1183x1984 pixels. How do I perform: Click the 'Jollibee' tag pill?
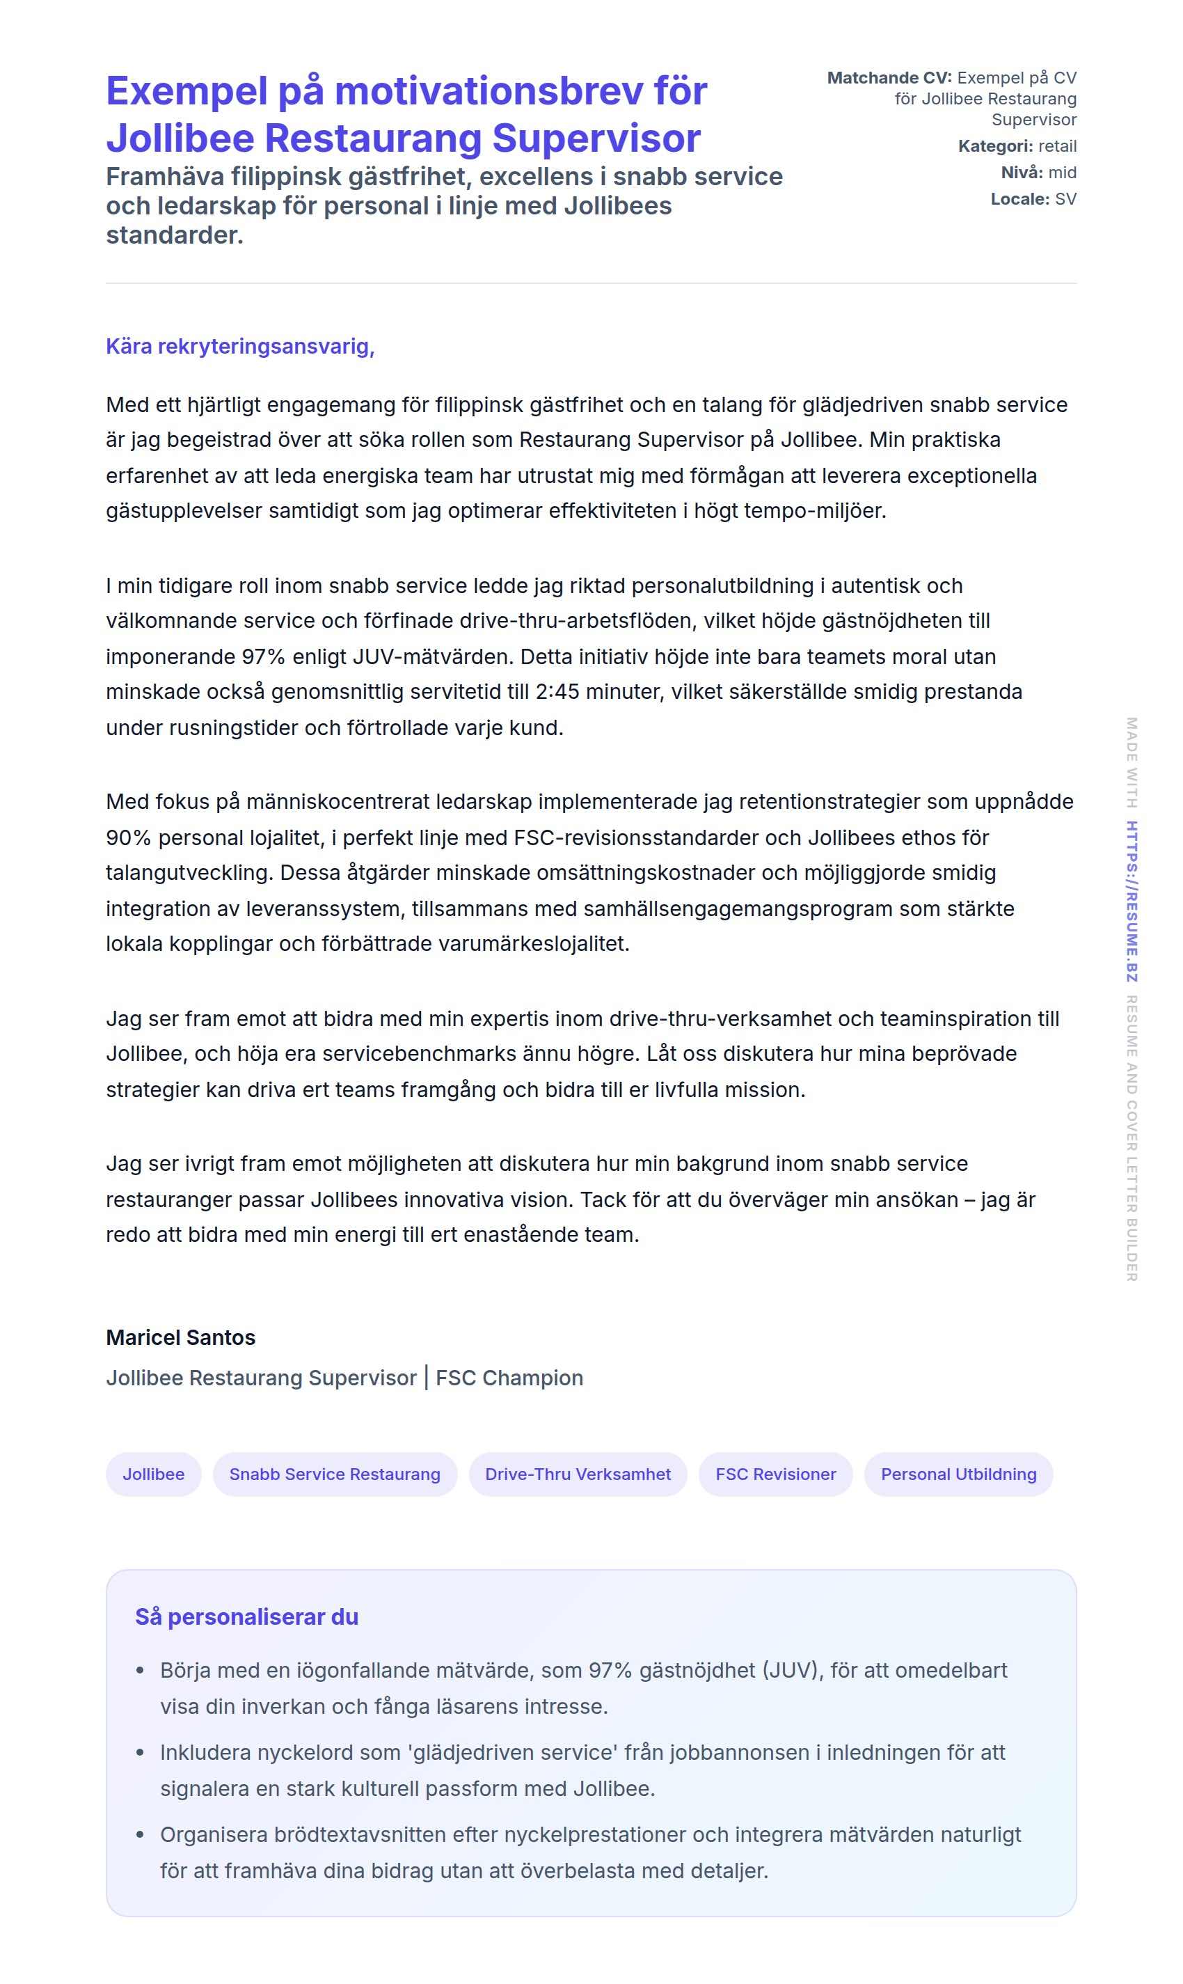(x=153, y=1474)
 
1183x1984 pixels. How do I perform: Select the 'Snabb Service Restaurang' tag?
(x=335, y=1474)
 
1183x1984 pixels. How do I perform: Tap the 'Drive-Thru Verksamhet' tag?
(x=578, y=1474)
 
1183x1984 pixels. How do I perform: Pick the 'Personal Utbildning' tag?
(x=958, y=1474)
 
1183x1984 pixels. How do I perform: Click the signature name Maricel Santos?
(x=181, y=1337)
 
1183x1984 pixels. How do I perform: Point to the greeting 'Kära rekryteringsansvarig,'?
(x=240, y=346)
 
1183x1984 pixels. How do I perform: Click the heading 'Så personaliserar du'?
(x=247, y=1616)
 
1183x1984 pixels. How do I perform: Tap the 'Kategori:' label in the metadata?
(x=995, y=146)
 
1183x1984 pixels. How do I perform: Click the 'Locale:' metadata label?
(x=1019, y=198)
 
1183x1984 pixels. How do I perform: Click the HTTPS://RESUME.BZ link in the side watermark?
(x=1132, y=901)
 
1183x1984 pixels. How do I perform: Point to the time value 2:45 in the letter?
(x=557, y=691)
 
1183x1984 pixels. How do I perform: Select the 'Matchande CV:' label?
(x=889, y=77)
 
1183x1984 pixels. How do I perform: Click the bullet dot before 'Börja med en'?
(x=141, y=1671)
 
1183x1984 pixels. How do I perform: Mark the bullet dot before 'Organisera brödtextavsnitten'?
(x=141, y=1835)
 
